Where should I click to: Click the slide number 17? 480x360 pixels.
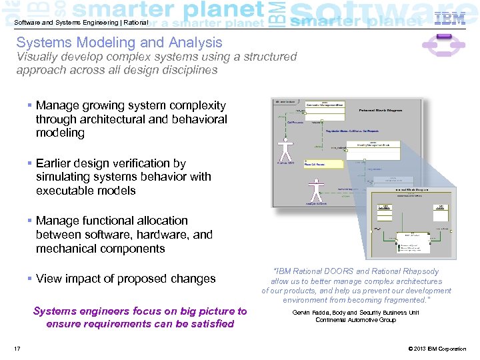click(17, 349)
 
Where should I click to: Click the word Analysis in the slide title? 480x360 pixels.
click(198, 42)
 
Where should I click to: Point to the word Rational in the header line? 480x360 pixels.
click(133, 22)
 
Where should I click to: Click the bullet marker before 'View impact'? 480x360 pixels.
click(31, 279)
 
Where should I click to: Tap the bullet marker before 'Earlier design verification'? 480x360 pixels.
click(31, 163)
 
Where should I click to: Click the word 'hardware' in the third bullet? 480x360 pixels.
click(165, 235)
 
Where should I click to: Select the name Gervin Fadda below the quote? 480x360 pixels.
click(311, 312)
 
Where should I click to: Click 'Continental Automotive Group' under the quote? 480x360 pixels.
click(355, 320)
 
